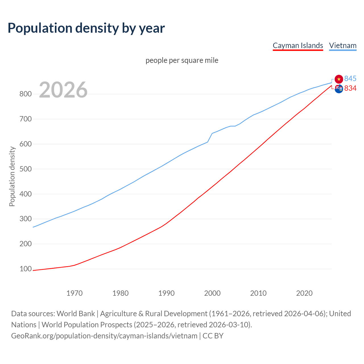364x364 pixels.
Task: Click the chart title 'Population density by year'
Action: point(86,28)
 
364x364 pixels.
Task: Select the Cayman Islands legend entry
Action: point(298,45)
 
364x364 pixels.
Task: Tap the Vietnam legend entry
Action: point(343,45)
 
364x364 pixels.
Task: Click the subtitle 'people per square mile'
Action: point(182,60)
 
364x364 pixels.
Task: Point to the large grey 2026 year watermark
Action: point(63,90)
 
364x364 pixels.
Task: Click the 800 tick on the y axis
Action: point(25,94)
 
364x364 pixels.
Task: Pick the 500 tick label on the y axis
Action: point(25,169)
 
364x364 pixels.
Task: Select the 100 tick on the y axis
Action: point(25,269)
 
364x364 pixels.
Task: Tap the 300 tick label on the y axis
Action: point(25,219)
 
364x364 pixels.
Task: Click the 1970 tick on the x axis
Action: point(75,293)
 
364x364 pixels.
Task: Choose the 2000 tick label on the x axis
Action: point(212,293)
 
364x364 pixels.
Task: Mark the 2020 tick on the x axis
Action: point(304,293)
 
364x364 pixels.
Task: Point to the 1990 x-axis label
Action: point(166,293)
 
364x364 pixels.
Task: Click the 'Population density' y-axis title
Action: point(12,176)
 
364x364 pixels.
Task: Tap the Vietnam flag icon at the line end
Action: point(339,79)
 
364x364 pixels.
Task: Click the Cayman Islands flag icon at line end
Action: point(339,89)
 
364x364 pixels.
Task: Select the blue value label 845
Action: point(350,79)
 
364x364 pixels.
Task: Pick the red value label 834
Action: point(350,88)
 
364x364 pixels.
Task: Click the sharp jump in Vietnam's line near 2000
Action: point(210,138)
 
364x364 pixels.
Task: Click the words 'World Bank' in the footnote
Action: point(76,313)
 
